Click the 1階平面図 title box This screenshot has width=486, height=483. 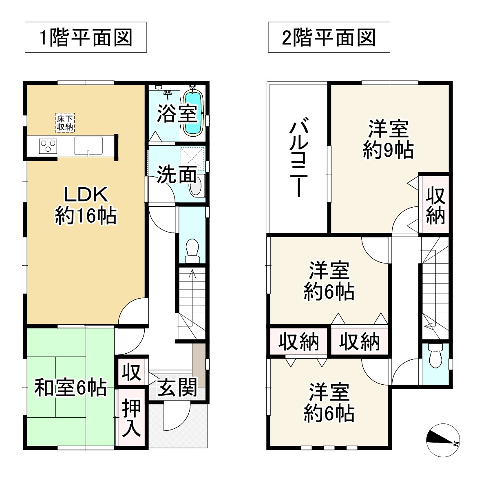tap(86, 38)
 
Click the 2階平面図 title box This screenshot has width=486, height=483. tap(329, 38)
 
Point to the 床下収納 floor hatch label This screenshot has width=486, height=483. tap(64, 123)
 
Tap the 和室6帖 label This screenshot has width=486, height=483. tap(70, 388)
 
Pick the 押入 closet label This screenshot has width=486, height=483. tap(132, 418)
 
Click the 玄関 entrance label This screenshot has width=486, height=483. tap(177, 387)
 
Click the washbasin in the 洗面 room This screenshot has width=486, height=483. tap(196, 187)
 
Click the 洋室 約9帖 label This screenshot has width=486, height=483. tap(388, 140)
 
